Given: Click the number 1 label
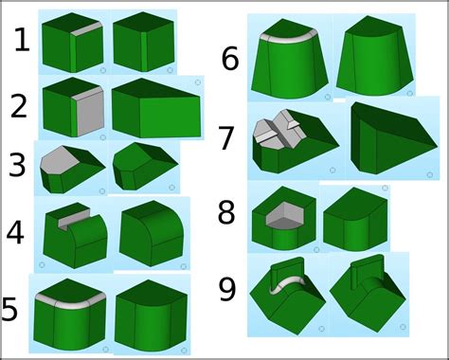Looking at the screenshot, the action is click(23, 40).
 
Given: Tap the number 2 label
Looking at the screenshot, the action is click(19, 106).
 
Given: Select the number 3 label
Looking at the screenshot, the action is click(17, 165).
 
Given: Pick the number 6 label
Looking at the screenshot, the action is click(230, 59).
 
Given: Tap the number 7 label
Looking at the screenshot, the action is click(226, 138).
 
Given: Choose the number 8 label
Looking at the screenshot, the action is click(226, 212).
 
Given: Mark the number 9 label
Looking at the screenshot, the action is click(227, 289).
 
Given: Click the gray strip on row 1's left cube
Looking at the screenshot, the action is click(86, 28).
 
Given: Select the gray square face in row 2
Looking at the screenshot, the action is click(90, 111).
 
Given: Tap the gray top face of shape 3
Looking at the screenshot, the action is click(60, 159).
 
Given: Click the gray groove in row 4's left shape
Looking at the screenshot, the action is click(74, 219).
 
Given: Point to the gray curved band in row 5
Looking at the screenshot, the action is click(70, 301).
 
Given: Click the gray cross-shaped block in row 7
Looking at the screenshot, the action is click(278, 130).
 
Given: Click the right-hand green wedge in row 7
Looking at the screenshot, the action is click(394, 138).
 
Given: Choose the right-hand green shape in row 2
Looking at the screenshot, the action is click(156, 108).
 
